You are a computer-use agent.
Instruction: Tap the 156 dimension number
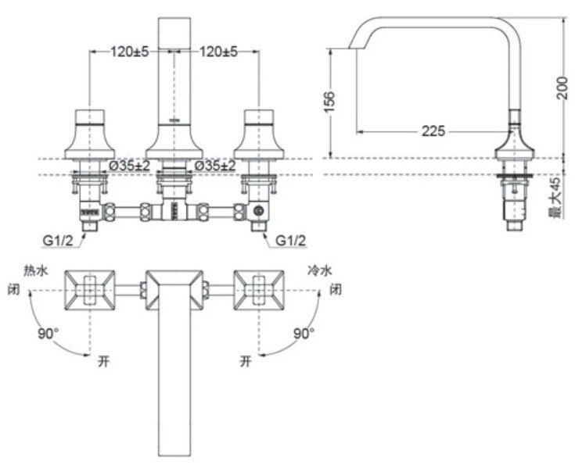[329, 101]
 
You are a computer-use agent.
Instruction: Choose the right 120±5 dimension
[219, 52]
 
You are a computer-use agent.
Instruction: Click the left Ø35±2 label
[130, 166]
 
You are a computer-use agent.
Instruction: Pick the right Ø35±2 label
[215, 166]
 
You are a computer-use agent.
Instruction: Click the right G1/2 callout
[290, 240]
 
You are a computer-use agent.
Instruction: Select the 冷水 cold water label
[319, 270]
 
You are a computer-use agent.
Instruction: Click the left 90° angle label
[48, 333]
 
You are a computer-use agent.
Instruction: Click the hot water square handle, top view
[90, 290]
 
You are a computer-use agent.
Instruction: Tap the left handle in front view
[92, 133]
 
